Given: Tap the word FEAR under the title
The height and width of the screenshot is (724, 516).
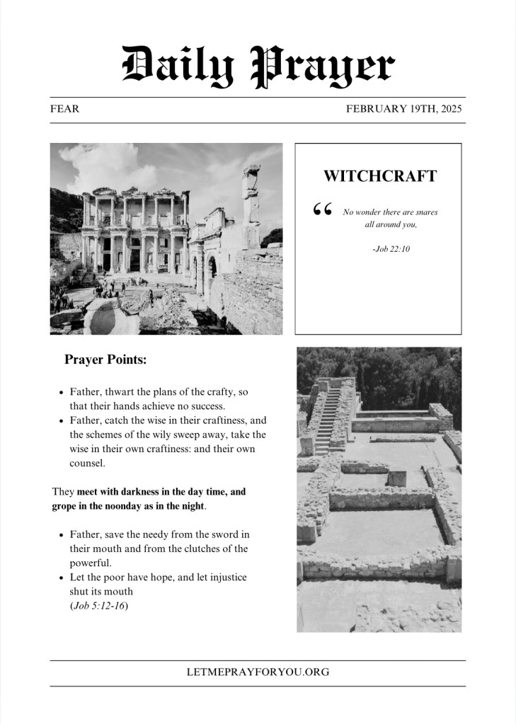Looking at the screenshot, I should pos(64,109).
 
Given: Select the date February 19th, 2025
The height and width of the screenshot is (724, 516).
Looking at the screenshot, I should pos(403,109).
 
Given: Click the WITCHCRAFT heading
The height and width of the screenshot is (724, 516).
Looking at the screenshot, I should pos(379,176).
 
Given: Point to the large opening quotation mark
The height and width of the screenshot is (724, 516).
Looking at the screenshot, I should pos(322,210).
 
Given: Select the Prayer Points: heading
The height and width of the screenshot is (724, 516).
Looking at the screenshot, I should pos(105,360).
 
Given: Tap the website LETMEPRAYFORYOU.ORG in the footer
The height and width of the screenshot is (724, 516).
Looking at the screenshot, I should pos(258,672).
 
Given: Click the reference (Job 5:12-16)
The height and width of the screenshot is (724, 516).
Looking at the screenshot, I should pos(99,606).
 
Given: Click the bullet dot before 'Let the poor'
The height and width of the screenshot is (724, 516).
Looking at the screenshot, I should pos(62,578).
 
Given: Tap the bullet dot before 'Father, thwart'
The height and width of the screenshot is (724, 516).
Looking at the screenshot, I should pos(62,392).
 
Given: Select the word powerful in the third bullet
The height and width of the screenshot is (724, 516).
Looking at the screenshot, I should pos(91,563).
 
